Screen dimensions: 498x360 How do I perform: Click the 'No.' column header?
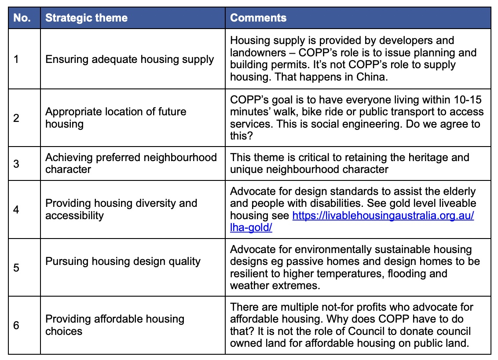[x=22, y=18]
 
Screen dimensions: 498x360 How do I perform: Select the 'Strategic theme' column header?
[x=86, y=18]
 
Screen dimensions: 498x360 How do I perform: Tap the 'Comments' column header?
[x=258, y=18]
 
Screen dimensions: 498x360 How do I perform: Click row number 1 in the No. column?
[x=16, y=59]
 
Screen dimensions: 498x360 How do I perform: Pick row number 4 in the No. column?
[x=16, y=209]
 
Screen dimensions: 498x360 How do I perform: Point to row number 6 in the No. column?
[x=16, y=325]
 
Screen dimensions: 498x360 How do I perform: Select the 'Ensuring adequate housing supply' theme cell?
[x=130, y=59]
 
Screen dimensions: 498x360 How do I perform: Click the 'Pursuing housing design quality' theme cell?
[x=123, y=261]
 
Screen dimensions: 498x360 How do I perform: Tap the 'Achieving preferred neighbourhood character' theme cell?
[x=131, y=163]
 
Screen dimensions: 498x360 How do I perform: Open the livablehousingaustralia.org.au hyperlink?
[x=352, y=221]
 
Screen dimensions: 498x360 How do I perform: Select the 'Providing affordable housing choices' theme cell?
[x=115, y=325]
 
